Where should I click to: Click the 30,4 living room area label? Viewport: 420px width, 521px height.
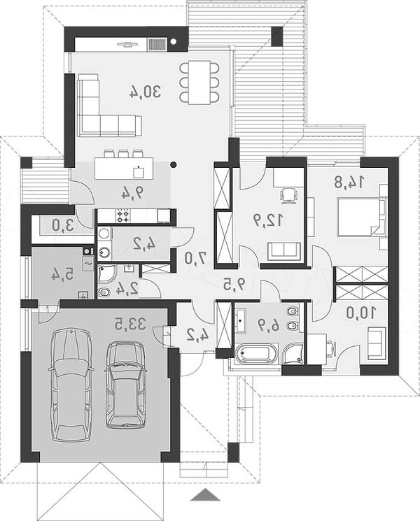[145, 92]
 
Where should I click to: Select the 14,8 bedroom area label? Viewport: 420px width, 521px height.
[349, 182]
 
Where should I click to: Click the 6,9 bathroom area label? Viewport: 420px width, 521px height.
[269, 326]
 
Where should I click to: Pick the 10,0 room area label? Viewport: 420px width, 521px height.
[360, 313]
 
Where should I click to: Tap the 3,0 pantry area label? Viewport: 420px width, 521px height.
[63, 226]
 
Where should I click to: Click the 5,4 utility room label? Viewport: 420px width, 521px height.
[62, 274]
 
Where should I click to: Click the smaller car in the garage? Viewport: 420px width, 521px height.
[126, 385]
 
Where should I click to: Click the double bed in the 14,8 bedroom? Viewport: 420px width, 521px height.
[361, 217]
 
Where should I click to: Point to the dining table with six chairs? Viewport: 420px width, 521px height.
[199, 82]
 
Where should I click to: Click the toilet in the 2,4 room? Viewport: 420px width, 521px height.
[104, 292]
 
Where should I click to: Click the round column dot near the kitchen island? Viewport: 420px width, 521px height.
[173, 164]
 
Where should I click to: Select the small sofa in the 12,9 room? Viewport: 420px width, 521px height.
[284, 251]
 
